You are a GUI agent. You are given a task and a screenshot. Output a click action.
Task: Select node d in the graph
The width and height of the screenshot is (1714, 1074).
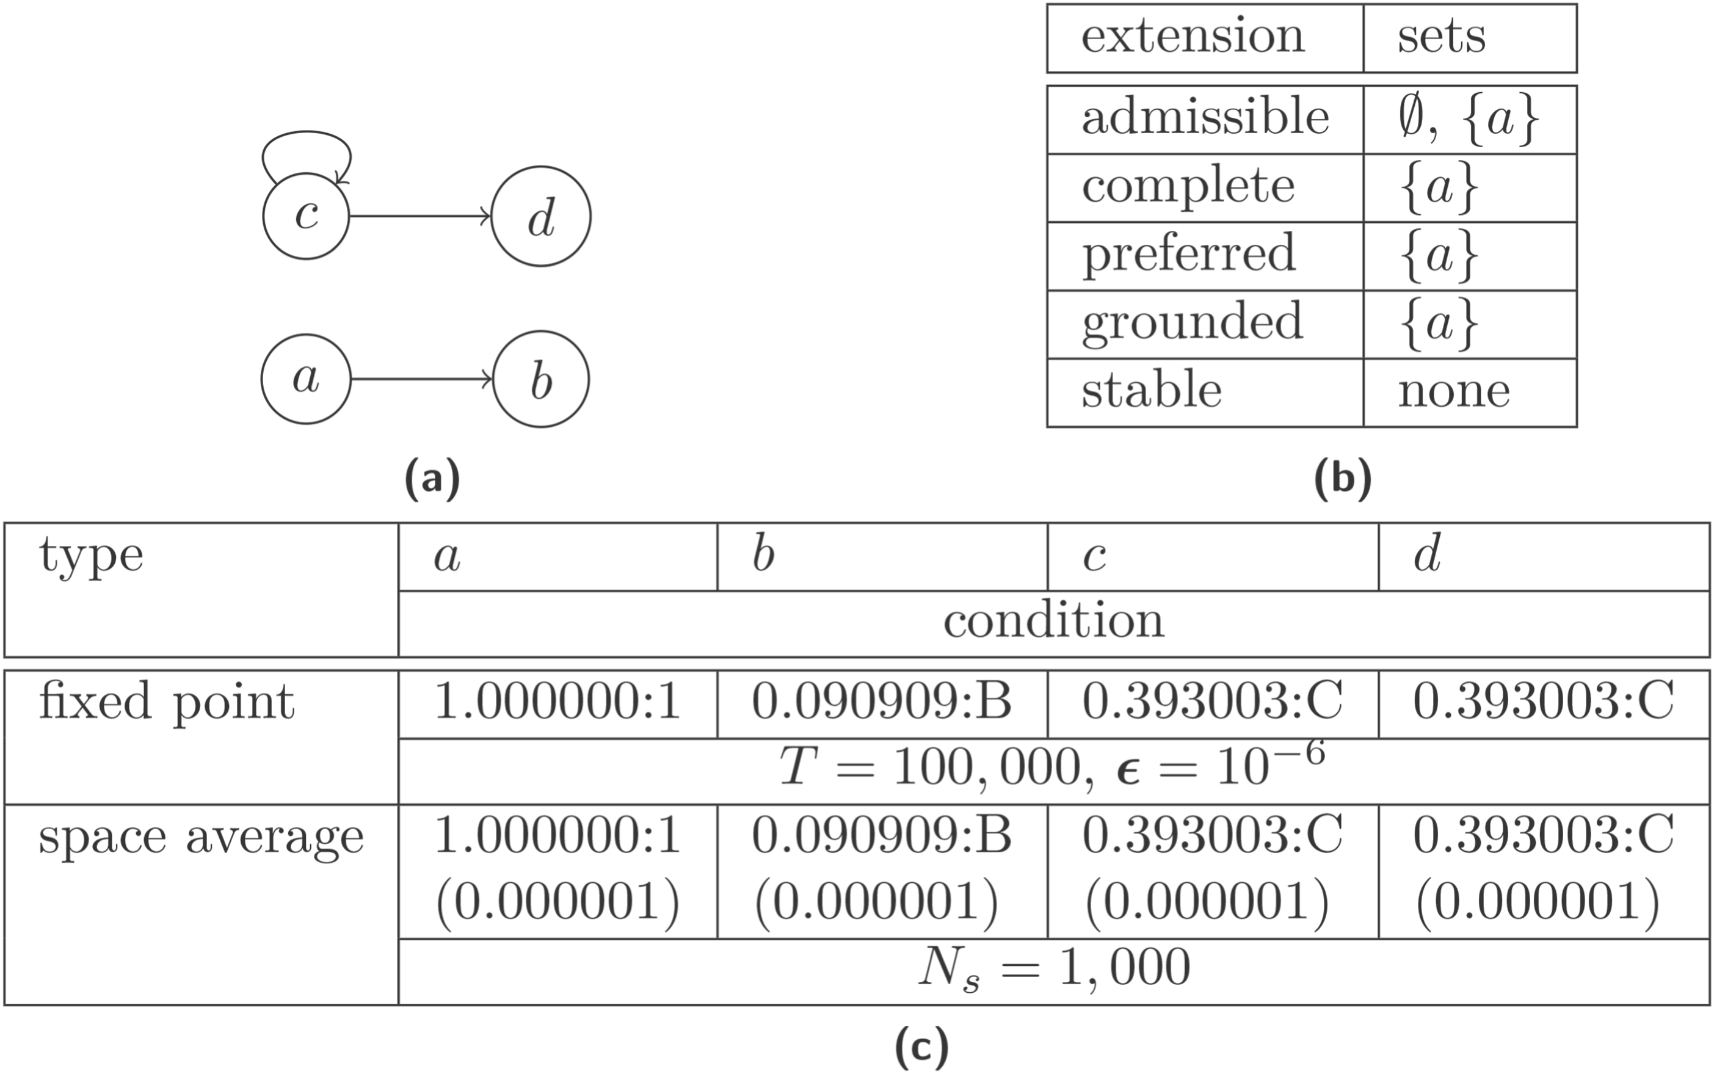click(540, 217)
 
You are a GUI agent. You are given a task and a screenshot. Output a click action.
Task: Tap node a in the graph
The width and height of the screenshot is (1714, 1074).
click(306, 379)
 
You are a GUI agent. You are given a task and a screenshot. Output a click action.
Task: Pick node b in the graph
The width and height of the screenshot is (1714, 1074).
click(540, 379)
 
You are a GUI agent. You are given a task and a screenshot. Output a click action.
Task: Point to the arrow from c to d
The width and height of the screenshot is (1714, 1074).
click(419, 216)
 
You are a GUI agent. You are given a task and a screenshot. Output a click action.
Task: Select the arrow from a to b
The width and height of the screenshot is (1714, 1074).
click(421, 379)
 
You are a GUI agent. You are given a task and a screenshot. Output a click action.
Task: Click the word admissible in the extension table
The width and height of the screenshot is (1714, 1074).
click(1205, 117)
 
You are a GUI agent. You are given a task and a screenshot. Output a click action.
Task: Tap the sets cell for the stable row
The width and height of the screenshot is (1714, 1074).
click(1453, 391)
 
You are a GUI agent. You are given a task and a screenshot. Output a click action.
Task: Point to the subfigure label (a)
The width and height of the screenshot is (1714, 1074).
click(432, 479)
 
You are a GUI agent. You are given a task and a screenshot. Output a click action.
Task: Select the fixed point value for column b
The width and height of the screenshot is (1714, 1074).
click(881, 702)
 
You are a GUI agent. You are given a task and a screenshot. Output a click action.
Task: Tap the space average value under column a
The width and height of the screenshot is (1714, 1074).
click(557, 835)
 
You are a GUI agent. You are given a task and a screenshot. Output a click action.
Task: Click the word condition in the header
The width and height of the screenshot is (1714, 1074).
click(1053, 622)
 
